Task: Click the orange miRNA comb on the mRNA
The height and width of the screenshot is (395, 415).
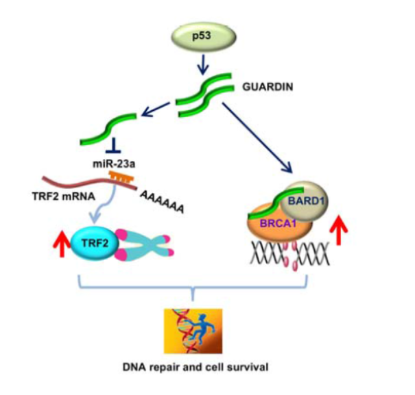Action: pos(122,179)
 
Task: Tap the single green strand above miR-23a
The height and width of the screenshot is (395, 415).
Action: pos(103,130)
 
